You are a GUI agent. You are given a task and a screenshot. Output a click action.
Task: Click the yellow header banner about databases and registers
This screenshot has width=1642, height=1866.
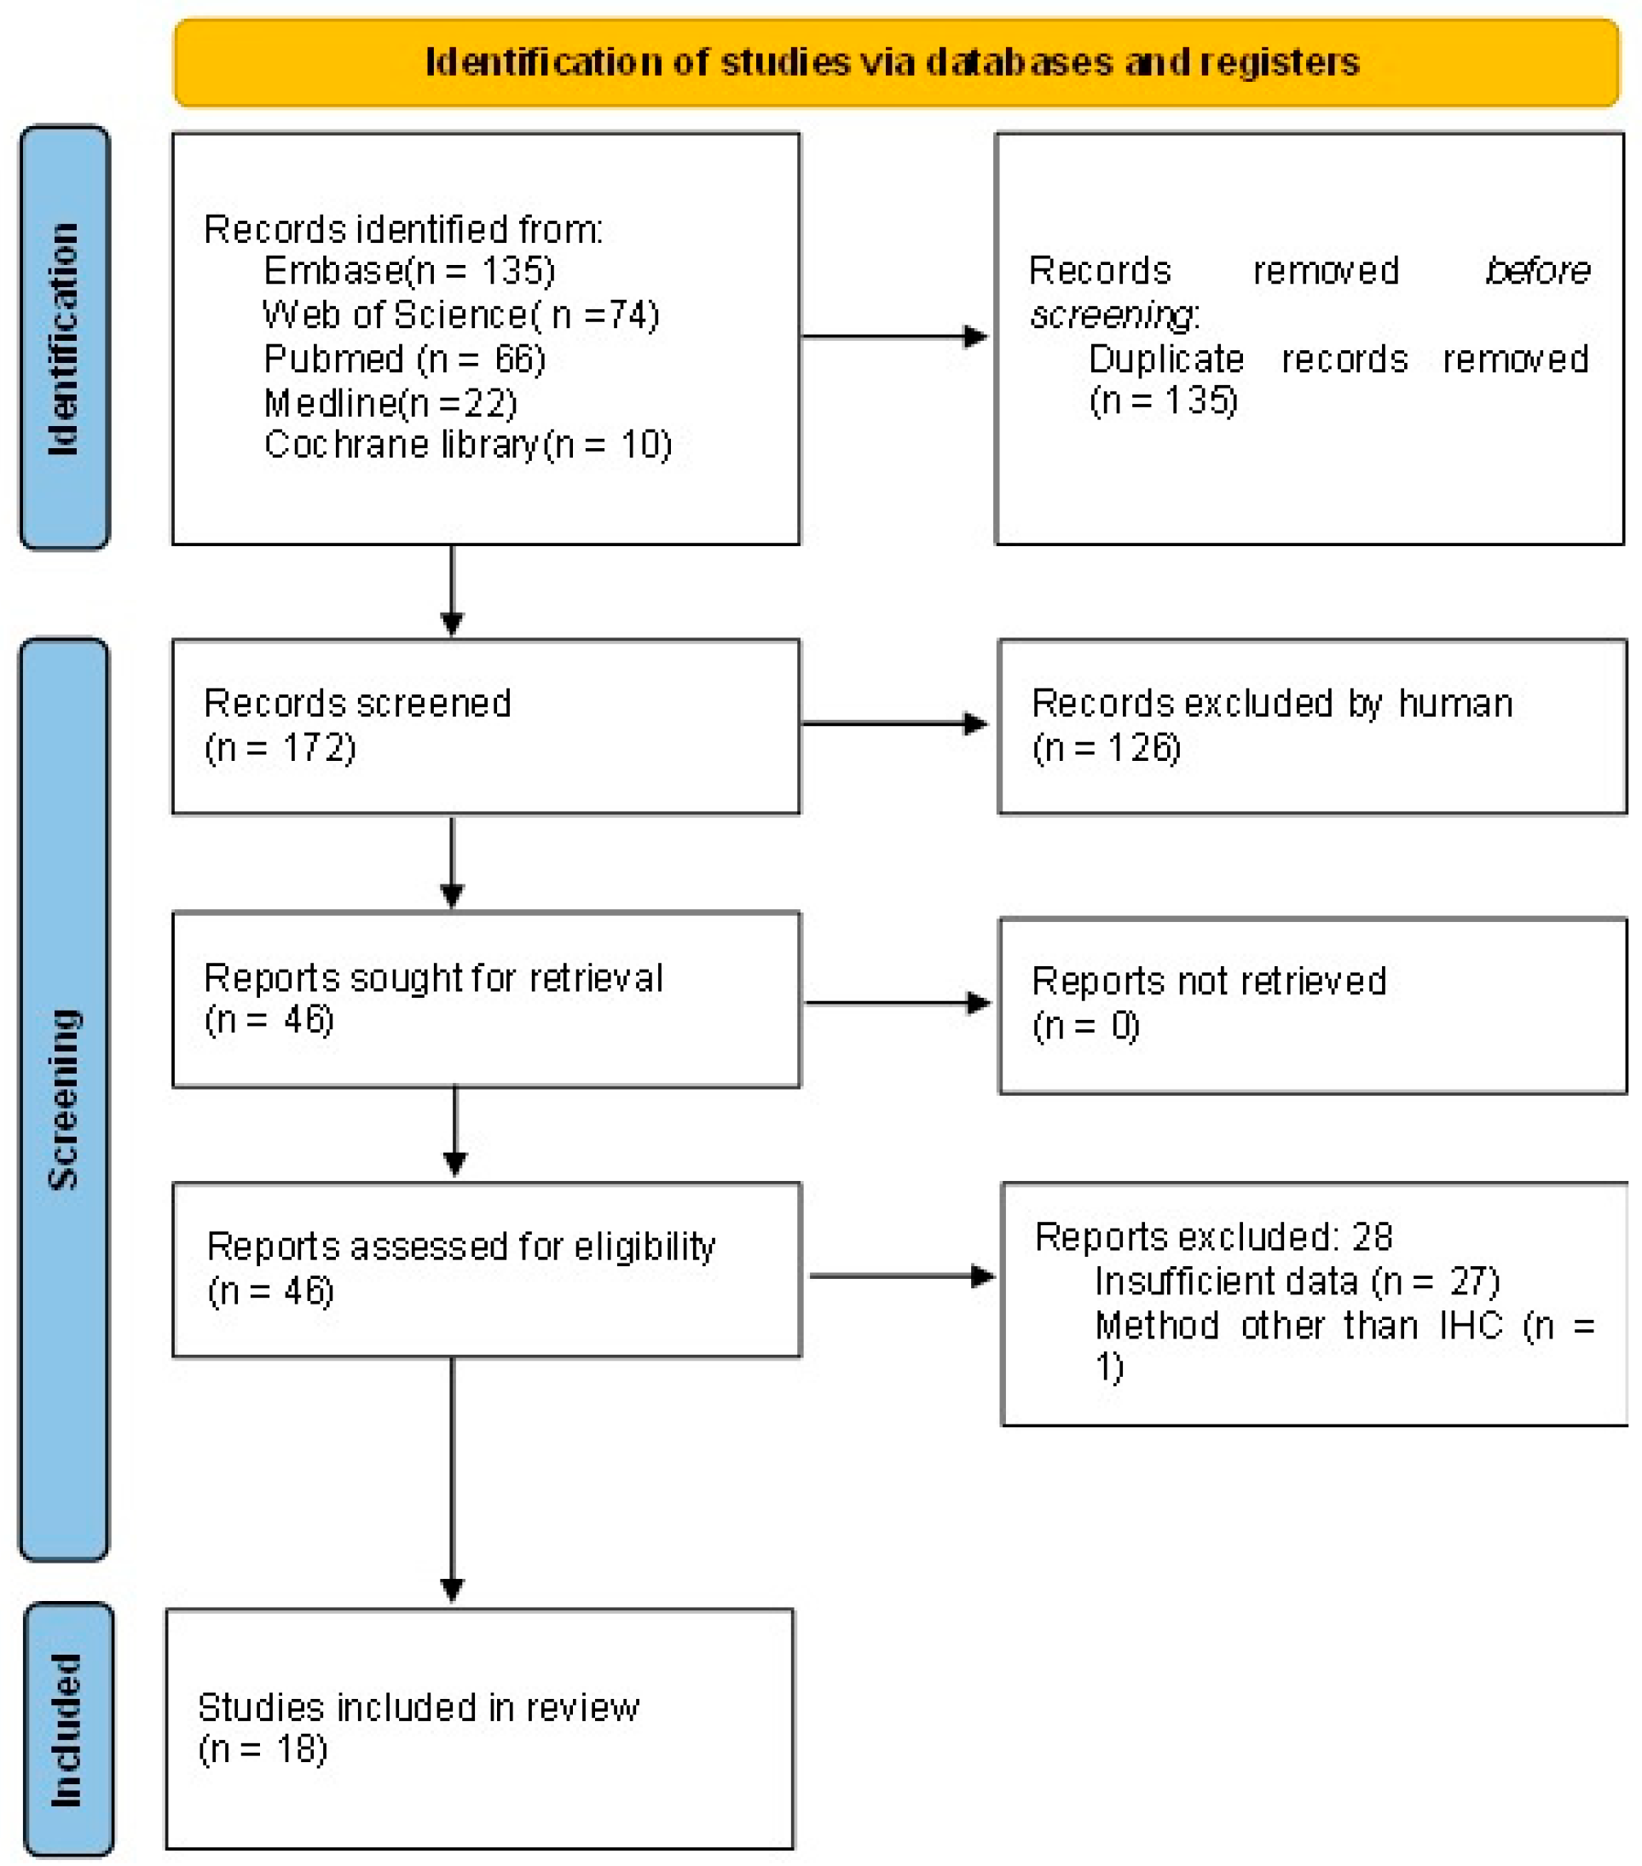coord(895,62)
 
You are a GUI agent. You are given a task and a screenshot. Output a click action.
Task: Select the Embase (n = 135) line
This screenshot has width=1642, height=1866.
coord(408,271)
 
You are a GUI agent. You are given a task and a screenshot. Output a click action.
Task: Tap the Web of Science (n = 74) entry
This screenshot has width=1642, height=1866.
coord(460,315)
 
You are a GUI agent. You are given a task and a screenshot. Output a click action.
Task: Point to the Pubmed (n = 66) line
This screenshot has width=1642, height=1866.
coord(405,359)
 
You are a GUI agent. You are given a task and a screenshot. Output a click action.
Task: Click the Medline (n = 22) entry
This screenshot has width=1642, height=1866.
coord(390,402)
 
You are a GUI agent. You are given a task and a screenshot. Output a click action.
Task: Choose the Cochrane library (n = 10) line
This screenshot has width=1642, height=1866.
coord(467,445)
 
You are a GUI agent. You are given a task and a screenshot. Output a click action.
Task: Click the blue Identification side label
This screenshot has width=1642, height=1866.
coord(64,337)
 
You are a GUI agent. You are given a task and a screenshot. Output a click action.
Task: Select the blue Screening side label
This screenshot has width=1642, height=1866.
coord(64,1100)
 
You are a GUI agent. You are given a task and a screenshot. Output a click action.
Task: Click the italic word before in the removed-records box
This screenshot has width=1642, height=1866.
coord(1537,271)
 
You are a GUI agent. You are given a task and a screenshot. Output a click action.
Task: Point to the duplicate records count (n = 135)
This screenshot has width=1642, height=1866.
coord(1164,400)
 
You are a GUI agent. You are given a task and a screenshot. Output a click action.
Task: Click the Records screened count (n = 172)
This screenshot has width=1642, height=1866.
coord(280,749)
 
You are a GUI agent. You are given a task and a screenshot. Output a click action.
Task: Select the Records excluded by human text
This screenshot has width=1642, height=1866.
coord(1271,704)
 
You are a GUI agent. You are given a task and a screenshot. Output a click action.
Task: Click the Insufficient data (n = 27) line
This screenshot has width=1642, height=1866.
coord(1297,1281)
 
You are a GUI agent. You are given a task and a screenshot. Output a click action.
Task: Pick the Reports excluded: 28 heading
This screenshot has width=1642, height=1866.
coord(1213,1237)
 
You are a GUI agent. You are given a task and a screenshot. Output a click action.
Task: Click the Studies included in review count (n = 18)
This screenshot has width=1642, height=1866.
coord(263,1749)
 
